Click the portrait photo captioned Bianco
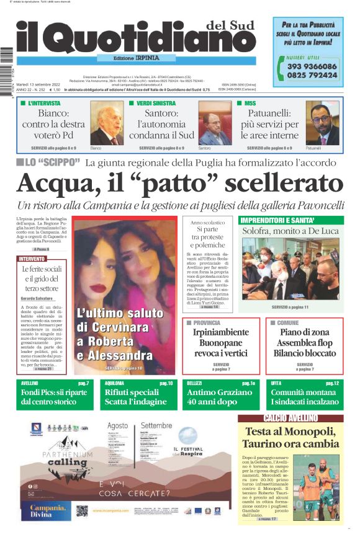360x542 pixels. pyautogui.click(x=106, y=124)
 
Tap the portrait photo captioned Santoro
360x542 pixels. pyautogui.click(x=215, y=124)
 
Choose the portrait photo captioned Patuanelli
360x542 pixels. pyautogui.click(x=322, y=124)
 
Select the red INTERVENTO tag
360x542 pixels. pyautogui.click(x=31, y=259)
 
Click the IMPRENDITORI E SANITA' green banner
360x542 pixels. pyautogui.click(x=274, y=220)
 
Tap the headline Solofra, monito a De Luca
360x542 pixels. pyautogui.click(x=290, y=231)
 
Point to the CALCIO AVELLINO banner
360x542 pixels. pyautogui.click(x=290, y=418)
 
